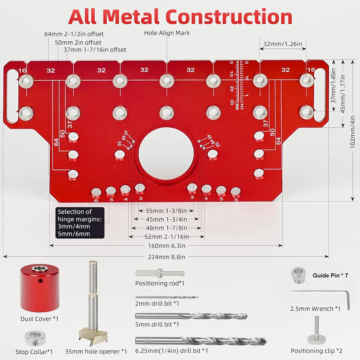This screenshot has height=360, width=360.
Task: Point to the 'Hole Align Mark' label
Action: coord(167,33)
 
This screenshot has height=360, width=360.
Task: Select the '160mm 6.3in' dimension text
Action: coord(166,246)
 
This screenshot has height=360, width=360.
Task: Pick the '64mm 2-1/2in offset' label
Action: coord(74,34)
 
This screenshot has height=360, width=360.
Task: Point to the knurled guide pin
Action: coord(297,275)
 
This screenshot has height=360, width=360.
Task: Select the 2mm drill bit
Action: coord(167,297)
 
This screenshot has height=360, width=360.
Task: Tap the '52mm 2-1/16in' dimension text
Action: coord(166,236)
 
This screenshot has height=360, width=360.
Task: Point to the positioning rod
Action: coord(159,274)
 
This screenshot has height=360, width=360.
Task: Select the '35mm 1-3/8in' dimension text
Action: coord(166,211)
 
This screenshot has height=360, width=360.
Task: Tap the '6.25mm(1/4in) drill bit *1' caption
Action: coord(172,351)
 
